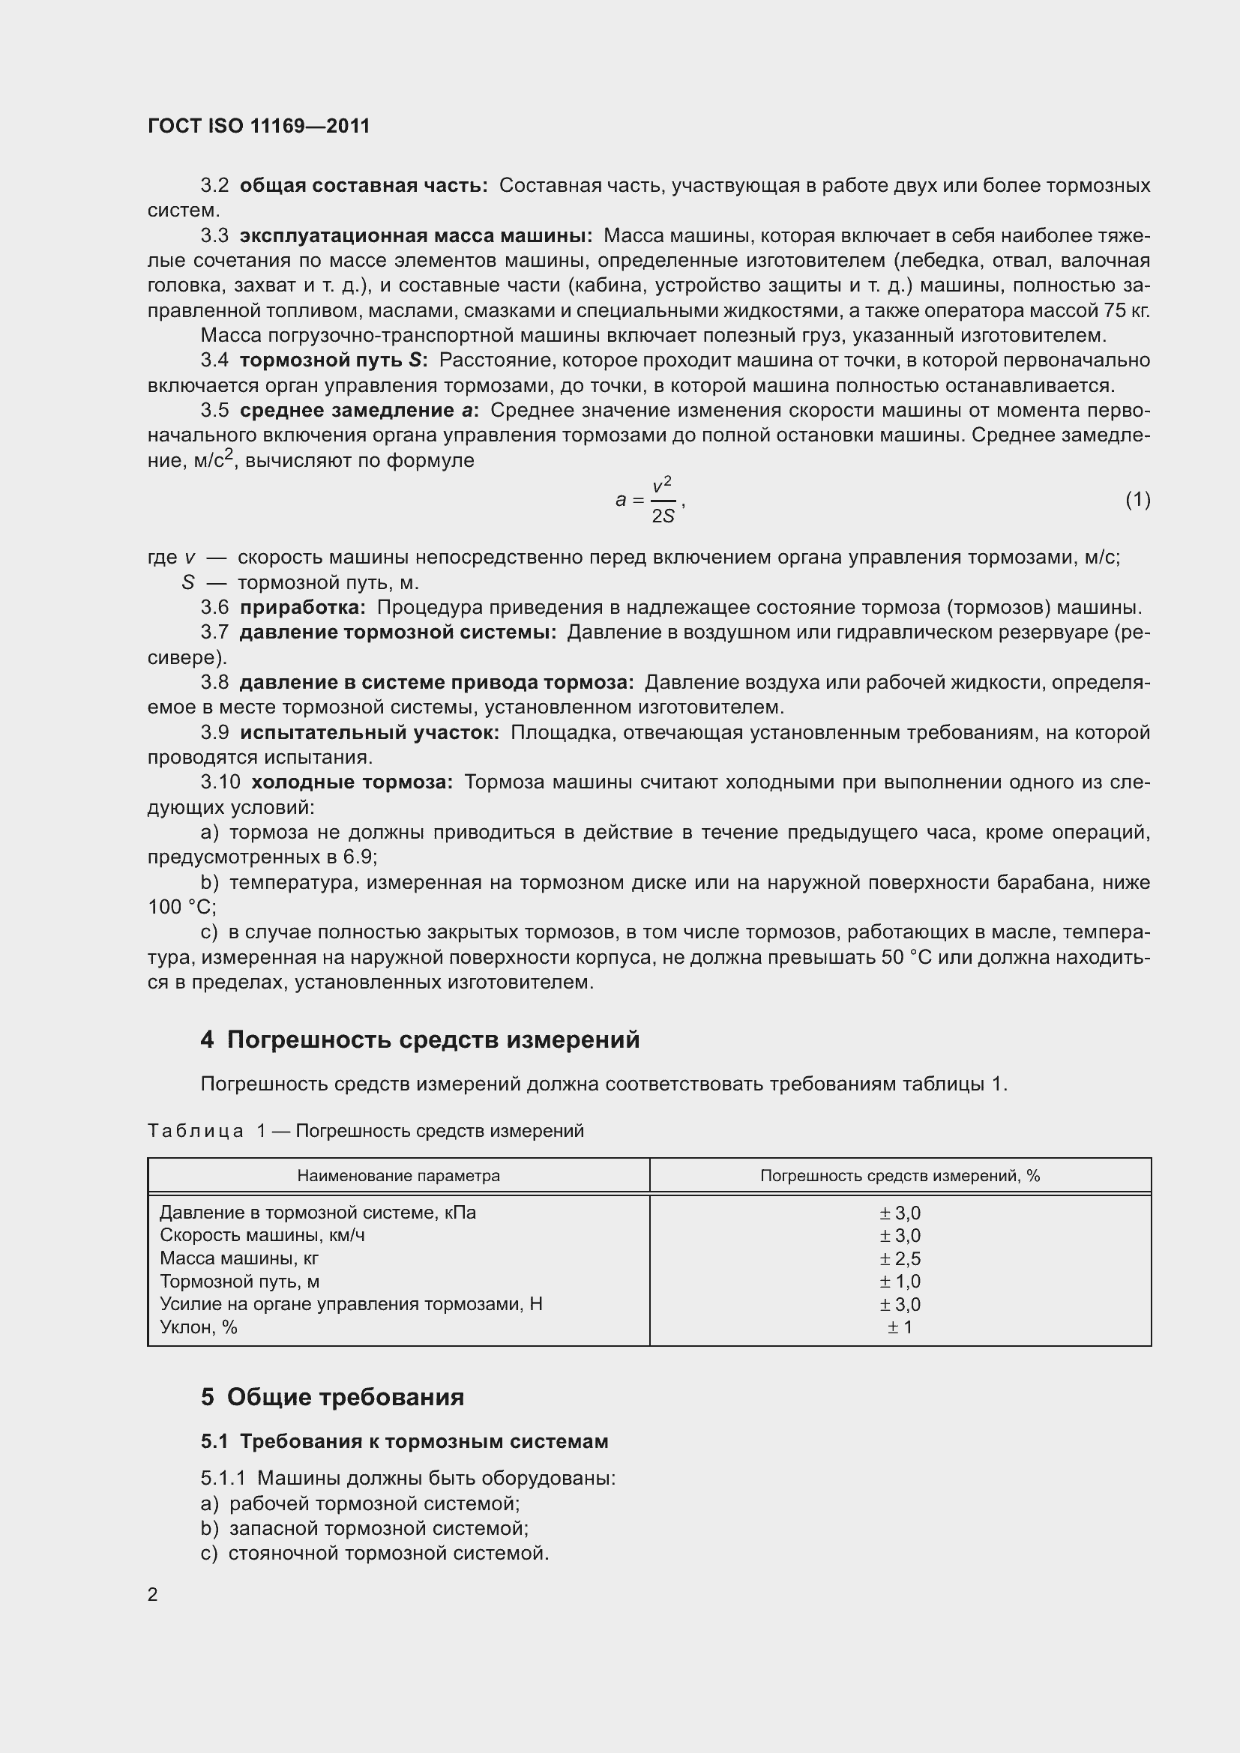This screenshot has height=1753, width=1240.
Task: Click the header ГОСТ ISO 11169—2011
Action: pos(258,126)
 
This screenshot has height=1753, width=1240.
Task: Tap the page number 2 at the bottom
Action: pos(153,1595)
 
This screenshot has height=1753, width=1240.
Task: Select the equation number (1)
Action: pos(1138,499)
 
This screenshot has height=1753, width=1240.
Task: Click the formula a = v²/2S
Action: pos(649,500)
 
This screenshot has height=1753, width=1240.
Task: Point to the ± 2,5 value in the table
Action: pos(900,1259)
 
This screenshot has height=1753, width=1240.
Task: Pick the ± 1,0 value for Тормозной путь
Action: pos(900,1282)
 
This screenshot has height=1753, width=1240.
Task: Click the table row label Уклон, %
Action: pos(199,1328)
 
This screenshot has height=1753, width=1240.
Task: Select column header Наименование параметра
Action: pos(398,1176)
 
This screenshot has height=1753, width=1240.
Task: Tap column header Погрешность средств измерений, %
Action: pos(900,1176)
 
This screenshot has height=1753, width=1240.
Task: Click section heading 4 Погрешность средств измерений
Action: pos(420,1040)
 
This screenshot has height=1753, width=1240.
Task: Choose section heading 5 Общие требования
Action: pos(332,1397)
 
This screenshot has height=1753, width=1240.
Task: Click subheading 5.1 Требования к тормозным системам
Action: pos(405,1441)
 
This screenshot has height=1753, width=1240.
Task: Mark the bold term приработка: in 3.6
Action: pos(302,608)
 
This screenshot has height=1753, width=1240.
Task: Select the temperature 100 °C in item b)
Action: pos(181,907)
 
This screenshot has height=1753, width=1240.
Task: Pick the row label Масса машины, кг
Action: pos(239,1259)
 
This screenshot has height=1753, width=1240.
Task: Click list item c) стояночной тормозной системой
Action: pos(375,1554)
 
